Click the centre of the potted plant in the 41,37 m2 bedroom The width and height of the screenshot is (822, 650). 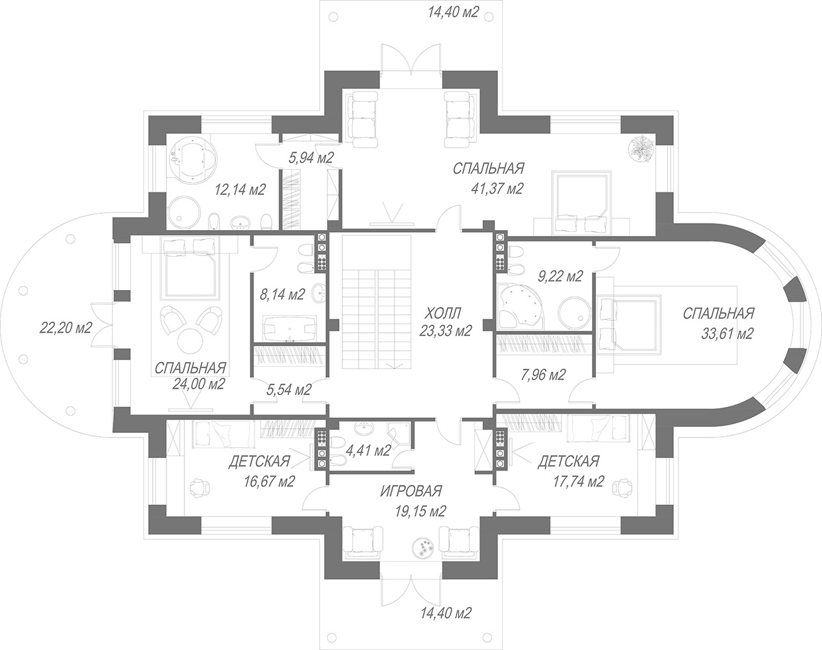[x=643, y=149]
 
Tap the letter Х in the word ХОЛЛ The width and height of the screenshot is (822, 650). [x=430, y=313]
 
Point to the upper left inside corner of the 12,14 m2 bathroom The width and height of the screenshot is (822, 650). [x=166, y=133]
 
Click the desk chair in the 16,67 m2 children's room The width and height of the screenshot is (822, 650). [x=199, y=487]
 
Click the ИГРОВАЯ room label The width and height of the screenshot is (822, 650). [x=411, y=491]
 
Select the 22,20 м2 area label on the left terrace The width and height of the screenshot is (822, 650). [x=66, y=328]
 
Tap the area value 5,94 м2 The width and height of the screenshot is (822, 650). [x=311, y=157]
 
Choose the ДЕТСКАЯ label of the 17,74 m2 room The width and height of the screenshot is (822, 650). [x=569, y=461]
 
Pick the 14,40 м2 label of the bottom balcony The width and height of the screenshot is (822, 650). [x=446, y=614]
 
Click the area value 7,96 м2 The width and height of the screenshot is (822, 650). [x=543, y=374]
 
